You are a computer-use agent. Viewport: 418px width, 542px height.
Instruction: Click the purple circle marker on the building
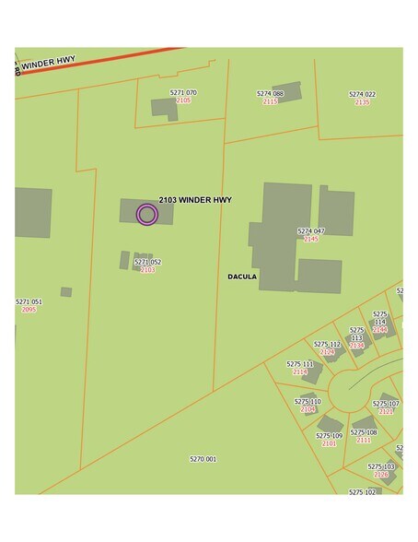pos(147,215)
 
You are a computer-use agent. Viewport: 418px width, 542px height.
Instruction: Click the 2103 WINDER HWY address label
pos(195,200)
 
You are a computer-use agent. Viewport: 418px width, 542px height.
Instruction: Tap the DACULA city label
pos(242,277)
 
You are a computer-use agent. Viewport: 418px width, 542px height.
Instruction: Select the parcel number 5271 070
pos(183,93)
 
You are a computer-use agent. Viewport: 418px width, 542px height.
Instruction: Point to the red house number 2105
pos(183,100)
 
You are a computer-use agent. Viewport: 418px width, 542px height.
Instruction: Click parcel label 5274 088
pos(270,94)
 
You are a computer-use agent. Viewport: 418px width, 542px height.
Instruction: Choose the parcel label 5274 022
pos(362,94)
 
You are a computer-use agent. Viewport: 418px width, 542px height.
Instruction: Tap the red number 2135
pos(362,102)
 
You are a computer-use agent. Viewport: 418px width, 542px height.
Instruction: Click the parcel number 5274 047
pos(311,231)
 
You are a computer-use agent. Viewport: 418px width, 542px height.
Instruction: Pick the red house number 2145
pos(311,240)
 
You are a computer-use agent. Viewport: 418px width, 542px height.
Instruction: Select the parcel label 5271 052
pos(148,262)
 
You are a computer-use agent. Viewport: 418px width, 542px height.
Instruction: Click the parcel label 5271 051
pos(29,301)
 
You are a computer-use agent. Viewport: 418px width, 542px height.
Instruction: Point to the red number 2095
pos(29,310)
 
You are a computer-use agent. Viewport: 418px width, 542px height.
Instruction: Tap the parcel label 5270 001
pos(203,459)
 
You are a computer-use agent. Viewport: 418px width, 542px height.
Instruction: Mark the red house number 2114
pos(300,372)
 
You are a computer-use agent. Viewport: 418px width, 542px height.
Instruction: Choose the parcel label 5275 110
pos(308,402)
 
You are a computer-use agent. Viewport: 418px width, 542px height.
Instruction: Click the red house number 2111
pos(364,441)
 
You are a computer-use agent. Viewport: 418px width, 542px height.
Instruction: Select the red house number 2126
pos(381,475)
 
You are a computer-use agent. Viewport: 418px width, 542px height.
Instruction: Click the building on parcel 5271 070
pos(164,109)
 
